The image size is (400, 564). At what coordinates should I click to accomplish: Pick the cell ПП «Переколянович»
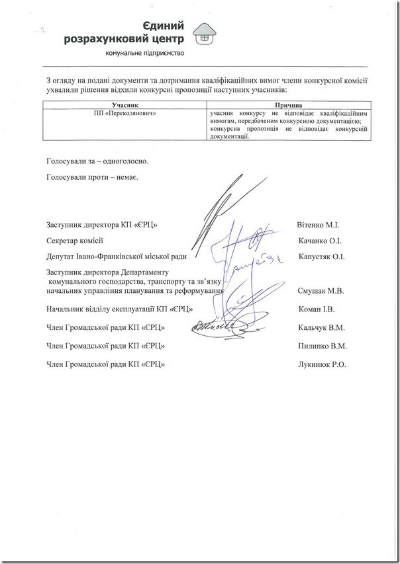coord(125,113)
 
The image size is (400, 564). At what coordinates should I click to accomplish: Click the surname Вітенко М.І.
coord(320,225)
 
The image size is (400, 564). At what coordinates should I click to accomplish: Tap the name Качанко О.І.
coord(321,241)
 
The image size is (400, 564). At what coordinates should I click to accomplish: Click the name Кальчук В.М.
coord(322,327)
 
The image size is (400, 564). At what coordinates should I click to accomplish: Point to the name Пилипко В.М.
coord(323,345)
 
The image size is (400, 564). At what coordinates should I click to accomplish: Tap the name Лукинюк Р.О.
coord(323,364)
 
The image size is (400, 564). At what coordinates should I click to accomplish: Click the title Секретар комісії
coord(75,241)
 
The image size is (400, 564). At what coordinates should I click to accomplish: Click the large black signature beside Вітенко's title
coord(219,205)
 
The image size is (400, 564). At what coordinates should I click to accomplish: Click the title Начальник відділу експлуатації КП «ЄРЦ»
coord(119,309)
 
